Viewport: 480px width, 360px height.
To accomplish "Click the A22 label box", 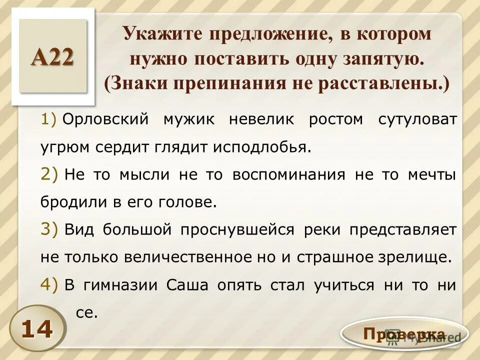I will [x=52, y=56].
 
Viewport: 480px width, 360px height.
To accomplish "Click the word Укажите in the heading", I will [x=160, y=34].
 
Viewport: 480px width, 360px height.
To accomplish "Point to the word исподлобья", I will [x=262, y=148].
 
